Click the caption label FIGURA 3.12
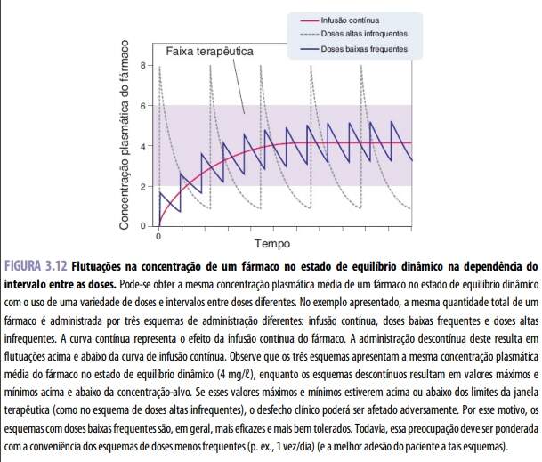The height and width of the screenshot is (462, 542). pyautogui.click(x=36, y=265)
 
